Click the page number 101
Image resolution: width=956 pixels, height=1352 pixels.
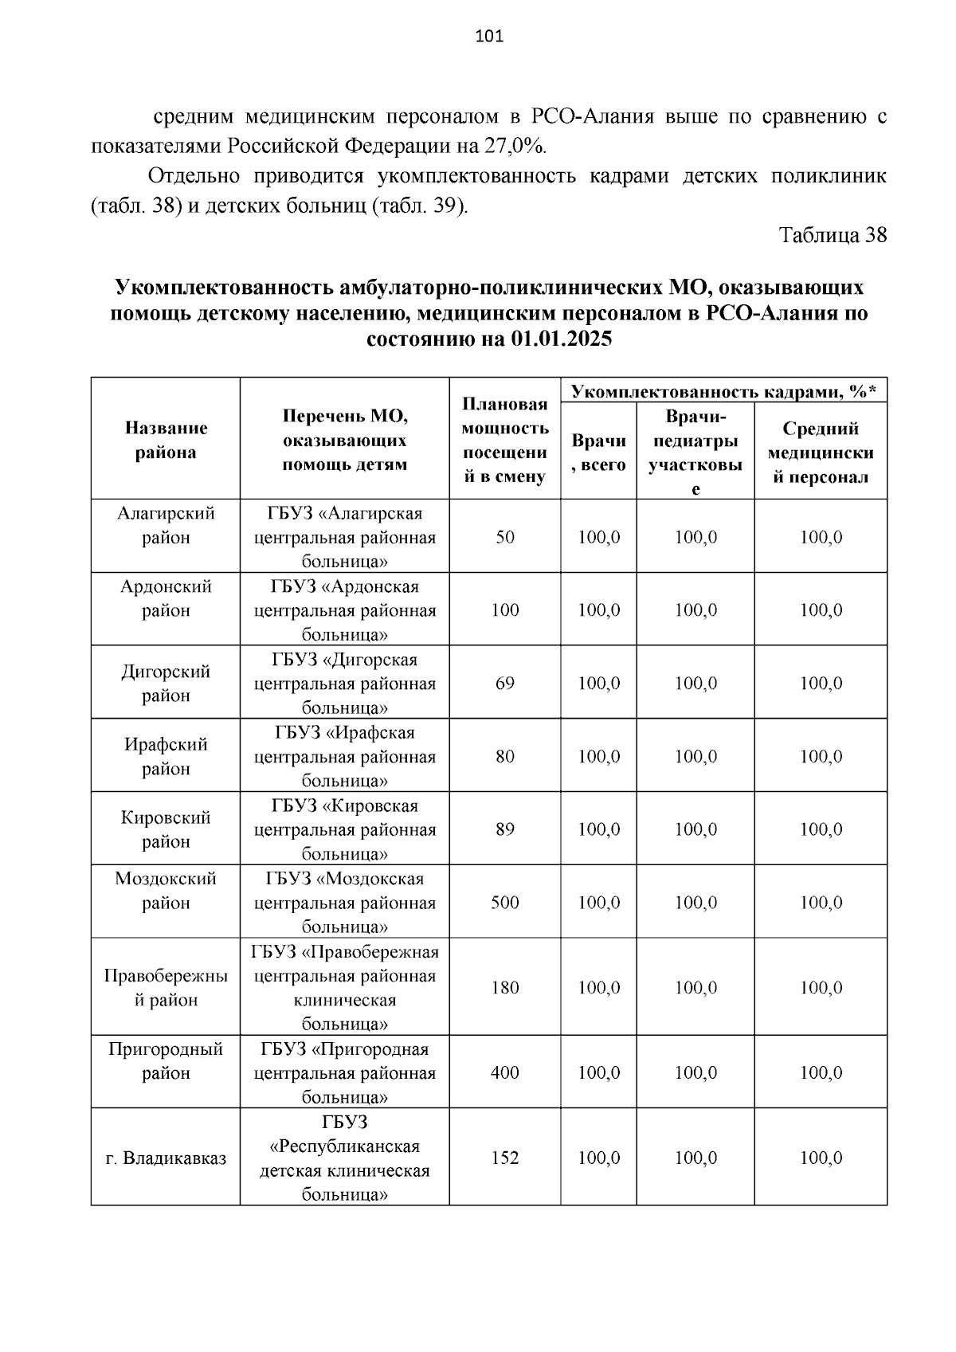click(489, 36)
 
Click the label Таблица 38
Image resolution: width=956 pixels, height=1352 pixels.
click(833, 236)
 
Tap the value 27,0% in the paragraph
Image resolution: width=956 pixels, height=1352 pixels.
click(514, 147)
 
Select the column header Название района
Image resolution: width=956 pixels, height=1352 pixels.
click(166, 440)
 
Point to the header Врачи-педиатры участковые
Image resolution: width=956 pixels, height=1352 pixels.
click(695, 452)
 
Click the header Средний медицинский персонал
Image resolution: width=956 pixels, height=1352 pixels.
click(821, 452)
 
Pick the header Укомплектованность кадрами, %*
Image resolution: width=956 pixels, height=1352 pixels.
click(723, 391)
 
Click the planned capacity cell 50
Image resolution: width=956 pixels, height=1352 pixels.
click(505, 537)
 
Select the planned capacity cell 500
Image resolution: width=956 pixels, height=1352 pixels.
click(505, 903)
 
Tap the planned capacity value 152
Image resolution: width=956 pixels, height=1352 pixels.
click(505, 1158)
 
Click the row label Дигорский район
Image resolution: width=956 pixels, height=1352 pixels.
click(166, 683)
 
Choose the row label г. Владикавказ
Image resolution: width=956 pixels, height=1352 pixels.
click(166, 1158)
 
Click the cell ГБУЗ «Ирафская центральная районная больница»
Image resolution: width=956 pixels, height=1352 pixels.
click(345, 756)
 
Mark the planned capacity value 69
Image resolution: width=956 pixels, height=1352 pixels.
click(505, 684)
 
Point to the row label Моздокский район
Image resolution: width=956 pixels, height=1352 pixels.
click(166, 891)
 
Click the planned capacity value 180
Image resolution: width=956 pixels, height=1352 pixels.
click(505, 988)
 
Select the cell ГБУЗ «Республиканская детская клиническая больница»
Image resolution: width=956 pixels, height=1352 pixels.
click(345, 1158)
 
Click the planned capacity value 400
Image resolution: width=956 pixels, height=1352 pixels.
click(505, 1073)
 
